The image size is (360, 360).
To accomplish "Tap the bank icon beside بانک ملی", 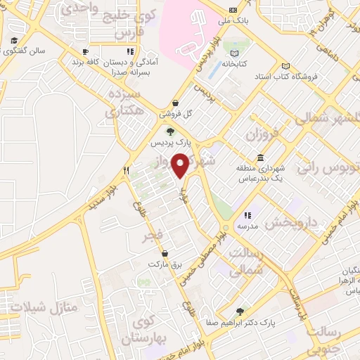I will point(233,10).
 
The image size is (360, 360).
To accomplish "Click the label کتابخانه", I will point(235,64).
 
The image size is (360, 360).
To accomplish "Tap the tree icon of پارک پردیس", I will point(169,131).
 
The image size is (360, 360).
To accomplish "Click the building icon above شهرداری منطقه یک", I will point(261,157).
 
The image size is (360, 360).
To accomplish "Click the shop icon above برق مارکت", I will point(165,253).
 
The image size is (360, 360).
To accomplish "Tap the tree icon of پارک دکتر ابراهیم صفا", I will point(241,311).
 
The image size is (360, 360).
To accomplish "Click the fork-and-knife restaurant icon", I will point(127,170).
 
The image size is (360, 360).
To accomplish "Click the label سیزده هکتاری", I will point(124,102).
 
